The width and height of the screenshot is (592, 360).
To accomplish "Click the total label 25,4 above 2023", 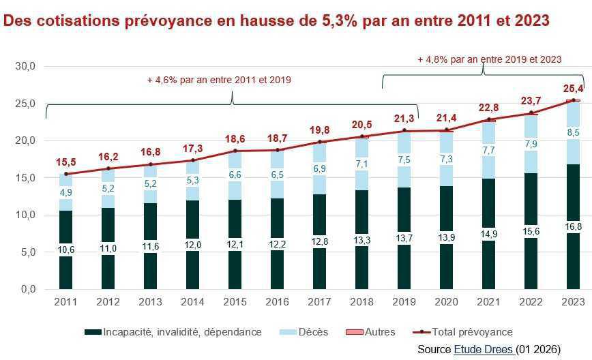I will point(573,89).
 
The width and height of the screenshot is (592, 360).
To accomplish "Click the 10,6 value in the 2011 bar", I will point(65,250).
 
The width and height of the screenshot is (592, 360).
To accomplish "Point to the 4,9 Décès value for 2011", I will point(65,192).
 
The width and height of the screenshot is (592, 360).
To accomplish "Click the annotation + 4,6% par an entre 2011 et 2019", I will point(219,80).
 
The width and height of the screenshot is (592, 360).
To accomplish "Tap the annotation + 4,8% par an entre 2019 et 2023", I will point(489,59).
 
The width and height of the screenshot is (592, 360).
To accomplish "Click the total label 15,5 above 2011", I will point(65,162).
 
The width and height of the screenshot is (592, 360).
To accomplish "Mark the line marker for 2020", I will point(447,130).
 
